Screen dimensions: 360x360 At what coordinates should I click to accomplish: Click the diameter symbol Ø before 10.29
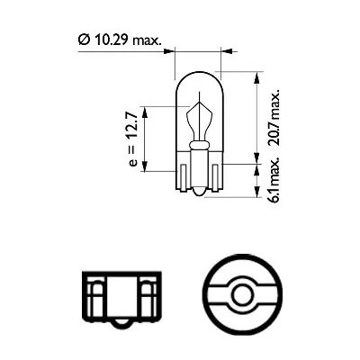coord(82,40)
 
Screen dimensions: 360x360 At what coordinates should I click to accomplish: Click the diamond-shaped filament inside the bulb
coord(198,120)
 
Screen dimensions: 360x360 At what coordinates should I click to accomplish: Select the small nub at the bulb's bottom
coord(198,193)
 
